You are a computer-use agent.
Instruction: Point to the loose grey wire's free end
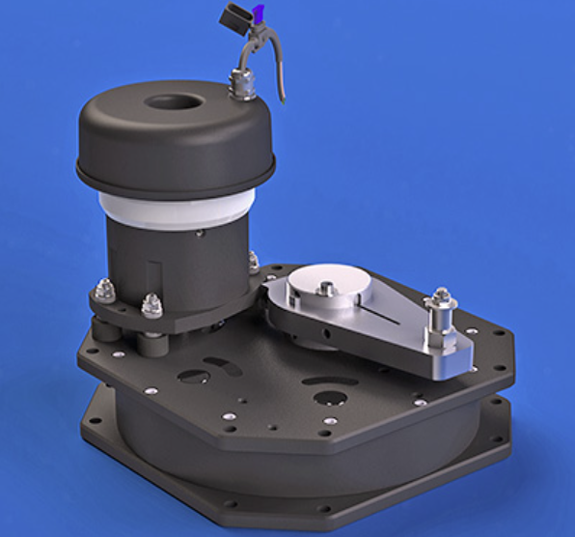[283, 99]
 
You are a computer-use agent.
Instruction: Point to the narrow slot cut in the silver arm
[391, 314]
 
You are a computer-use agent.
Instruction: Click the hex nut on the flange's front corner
[151, 306]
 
